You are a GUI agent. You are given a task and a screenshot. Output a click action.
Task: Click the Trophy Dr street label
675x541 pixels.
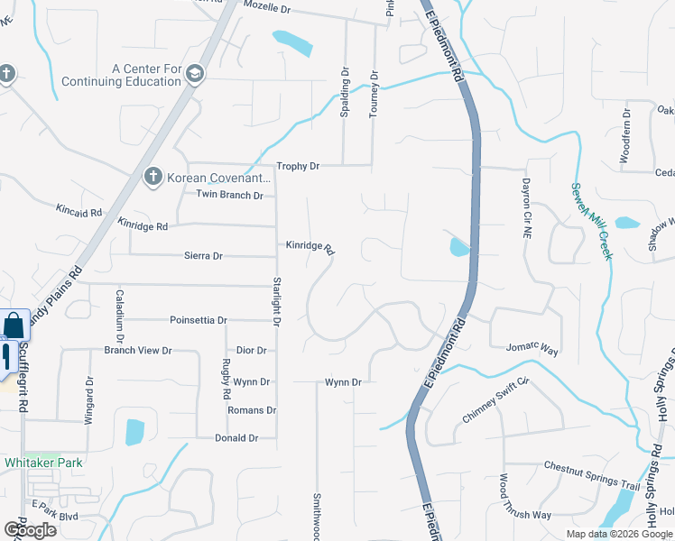[298, 167]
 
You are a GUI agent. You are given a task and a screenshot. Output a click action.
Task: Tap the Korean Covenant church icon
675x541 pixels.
[153, 177]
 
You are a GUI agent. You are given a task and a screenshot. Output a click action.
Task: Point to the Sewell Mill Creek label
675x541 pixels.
[591, 221]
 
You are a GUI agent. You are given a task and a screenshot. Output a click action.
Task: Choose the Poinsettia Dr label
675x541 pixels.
[198, 320]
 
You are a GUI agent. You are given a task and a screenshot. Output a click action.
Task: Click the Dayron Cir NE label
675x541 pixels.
[525, 208]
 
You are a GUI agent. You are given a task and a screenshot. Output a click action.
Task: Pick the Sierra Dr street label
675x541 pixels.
[203, 256]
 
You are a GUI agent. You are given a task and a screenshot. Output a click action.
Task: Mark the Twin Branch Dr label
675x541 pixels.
[229, 195]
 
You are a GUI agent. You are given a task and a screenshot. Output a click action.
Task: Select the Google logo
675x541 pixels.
[30, 530]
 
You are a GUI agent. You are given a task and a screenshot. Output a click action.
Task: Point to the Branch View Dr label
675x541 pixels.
[137, 350]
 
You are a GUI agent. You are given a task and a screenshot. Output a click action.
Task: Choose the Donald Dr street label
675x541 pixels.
[236, 438]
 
